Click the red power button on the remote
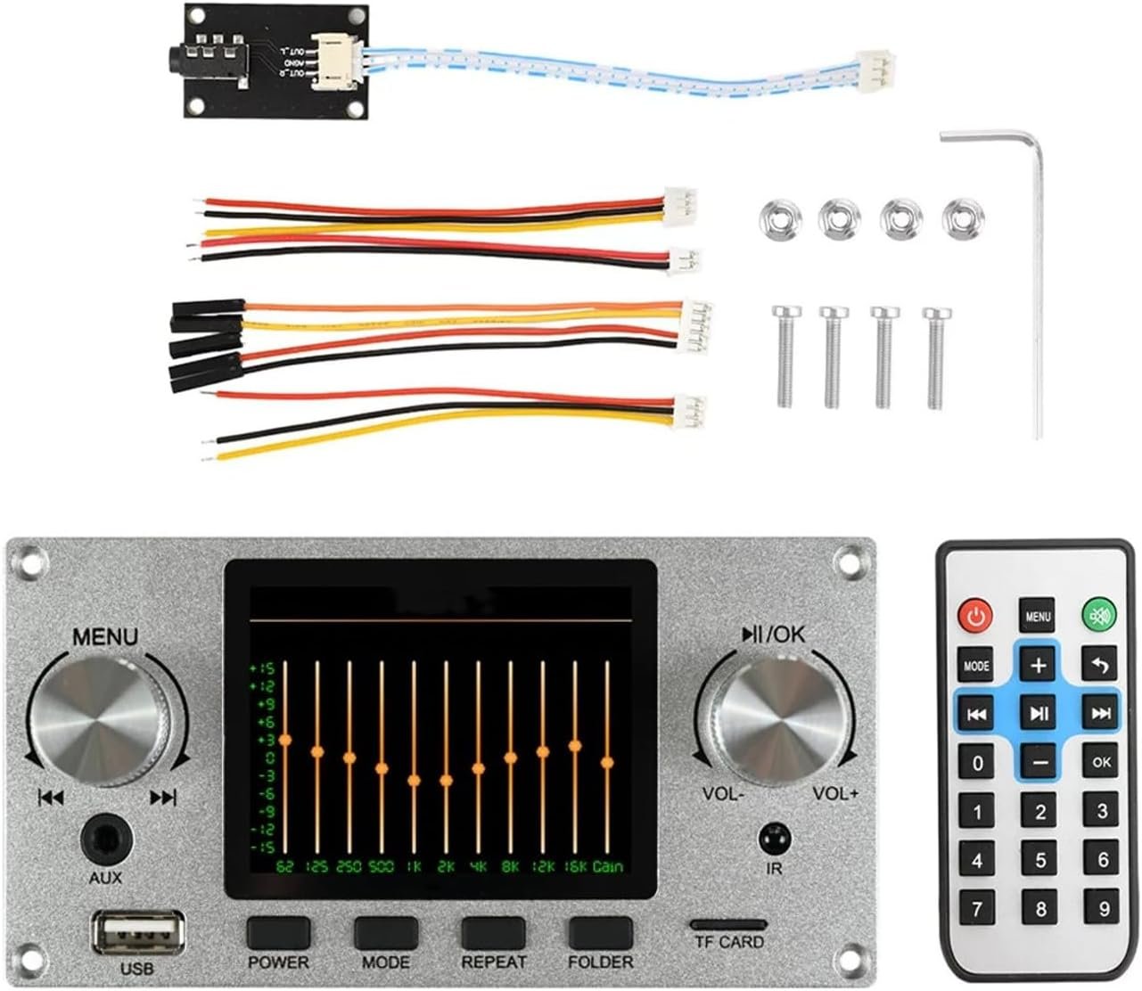pyautogui.click(x=976, y=615)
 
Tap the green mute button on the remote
pyautogui.click(x=1099, y=615)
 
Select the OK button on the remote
pyautogui.click(x=1101, y=762)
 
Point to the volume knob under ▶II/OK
pyautogui.click(x=774, y=720)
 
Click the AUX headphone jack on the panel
pyautogui.click(x=107, y=840)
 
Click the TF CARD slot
pyautogui.click(x=728, y=925)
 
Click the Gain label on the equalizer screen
pyautogui.click(x=609, y=866)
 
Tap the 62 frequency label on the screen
pyautogui.click(x=284, y=866)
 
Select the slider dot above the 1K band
pyautogui.click(x=414, y=780)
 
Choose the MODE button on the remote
pyautogui.click(x=976, y=665)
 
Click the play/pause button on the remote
pyautogui.click(x=1039, y=713)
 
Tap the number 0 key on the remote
pyautogui.click(x=978, y=763)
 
